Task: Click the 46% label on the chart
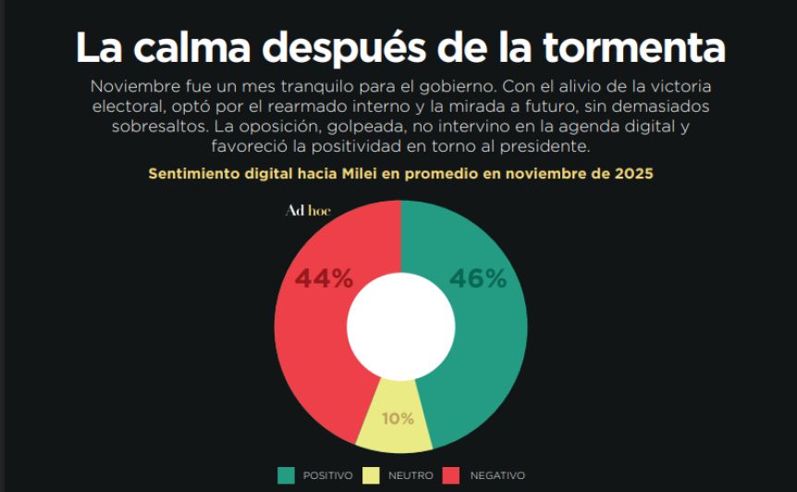tap(478, 278)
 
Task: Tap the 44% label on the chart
tap(324, 278)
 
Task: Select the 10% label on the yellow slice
tap(398, 418)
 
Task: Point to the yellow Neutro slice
tap(393, 435)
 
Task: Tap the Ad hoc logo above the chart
tap(308, 211)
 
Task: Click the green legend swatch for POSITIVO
tap(286, 475)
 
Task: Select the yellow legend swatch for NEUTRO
tap(371, 475)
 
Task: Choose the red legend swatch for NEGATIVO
tap(451, 475)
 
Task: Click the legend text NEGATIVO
tap(497, 475)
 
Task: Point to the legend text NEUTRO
tap(411, 475)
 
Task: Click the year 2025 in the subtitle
tap(634, 173)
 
